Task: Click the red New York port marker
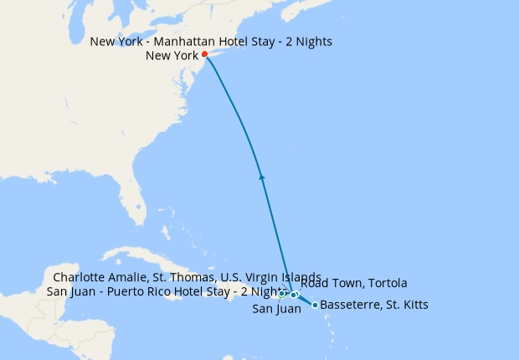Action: point(205,54)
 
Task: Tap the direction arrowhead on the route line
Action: point(262,176)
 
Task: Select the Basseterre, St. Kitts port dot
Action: point(315,305)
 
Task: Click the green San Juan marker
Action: point(282,294)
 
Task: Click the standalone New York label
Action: point(171,56)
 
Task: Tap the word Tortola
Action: point(387,284)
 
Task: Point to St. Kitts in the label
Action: point(406,306)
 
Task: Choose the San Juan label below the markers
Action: point(276,310)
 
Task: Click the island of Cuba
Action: point(134,255)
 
